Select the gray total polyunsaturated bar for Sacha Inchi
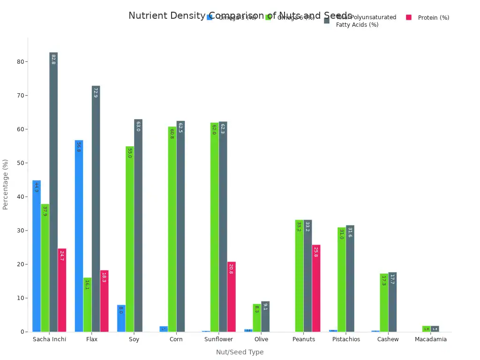[x=53, y=192]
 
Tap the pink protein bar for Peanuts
[x=316, y=288]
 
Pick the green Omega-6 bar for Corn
[x=172, y=229]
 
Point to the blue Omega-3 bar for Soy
[x=121, y=318]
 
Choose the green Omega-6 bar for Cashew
[x=384, y=303]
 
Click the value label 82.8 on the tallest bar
[x=53, y=59]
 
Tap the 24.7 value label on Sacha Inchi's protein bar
[x=62, y=255]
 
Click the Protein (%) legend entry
[x=433, y=18]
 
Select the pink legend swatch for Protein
[x=409, y=17]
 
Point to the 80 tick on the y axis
[x=20, y=62]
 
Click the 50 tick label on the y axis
[x=20, y=163]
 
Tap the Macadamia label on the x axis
[x=431, y=339]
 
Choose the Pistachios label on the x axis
[x=346, y=339]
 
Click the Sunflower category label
[x=218, y=339]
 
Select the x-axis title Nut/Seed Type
[x=240, y=352]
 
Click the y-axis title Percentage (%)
[x=6, y=184]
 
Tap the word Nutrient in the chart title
[x=148, y=15]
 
